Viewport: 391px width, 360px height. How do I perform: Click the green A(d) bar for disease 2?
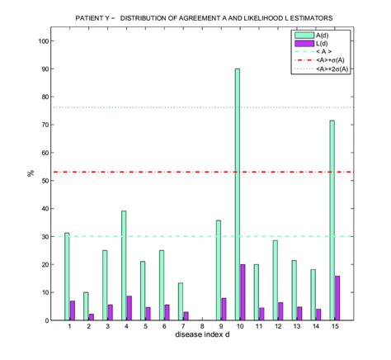pos(85,306)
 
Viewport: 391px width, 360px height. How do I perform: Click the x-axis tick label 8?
pos(202,328)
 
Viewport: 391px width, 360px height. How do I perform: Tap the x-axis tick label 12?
pos(278,328)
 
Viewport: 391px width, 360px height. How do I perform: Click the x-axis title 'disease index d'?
pos(202,335)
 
